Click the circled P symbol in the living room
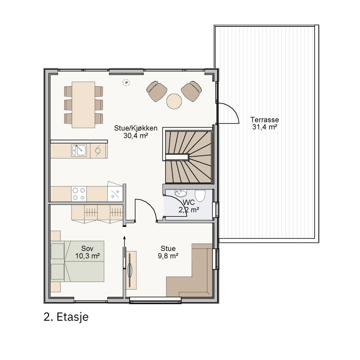[x=126, y=83]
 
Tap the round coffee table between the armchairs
[x=174, y=101]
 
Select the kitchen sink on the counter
[x=79, y=150]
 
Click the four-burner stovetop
[x=79, y=194]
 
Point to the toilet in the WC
[x=200, y=196]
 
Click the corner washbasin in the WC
[x=181, y=193]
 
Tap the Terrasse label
[x=264, y=119]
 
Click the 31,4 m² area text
[x=264, y=127]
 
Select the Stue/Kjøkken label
[x=136, y=128]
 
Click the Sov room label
[x=87, y=248]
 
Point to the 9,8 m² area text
[x=168, y=256]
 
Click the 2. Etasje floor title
[x=66, y=317]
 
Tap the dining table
[x=83, y=105]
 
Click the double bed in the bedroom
[x=77, y=261]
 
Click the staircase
[x=188, y=157]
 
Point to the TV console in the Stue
[x=131, y=270]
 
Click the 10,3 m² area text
[x=87, y=256]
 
